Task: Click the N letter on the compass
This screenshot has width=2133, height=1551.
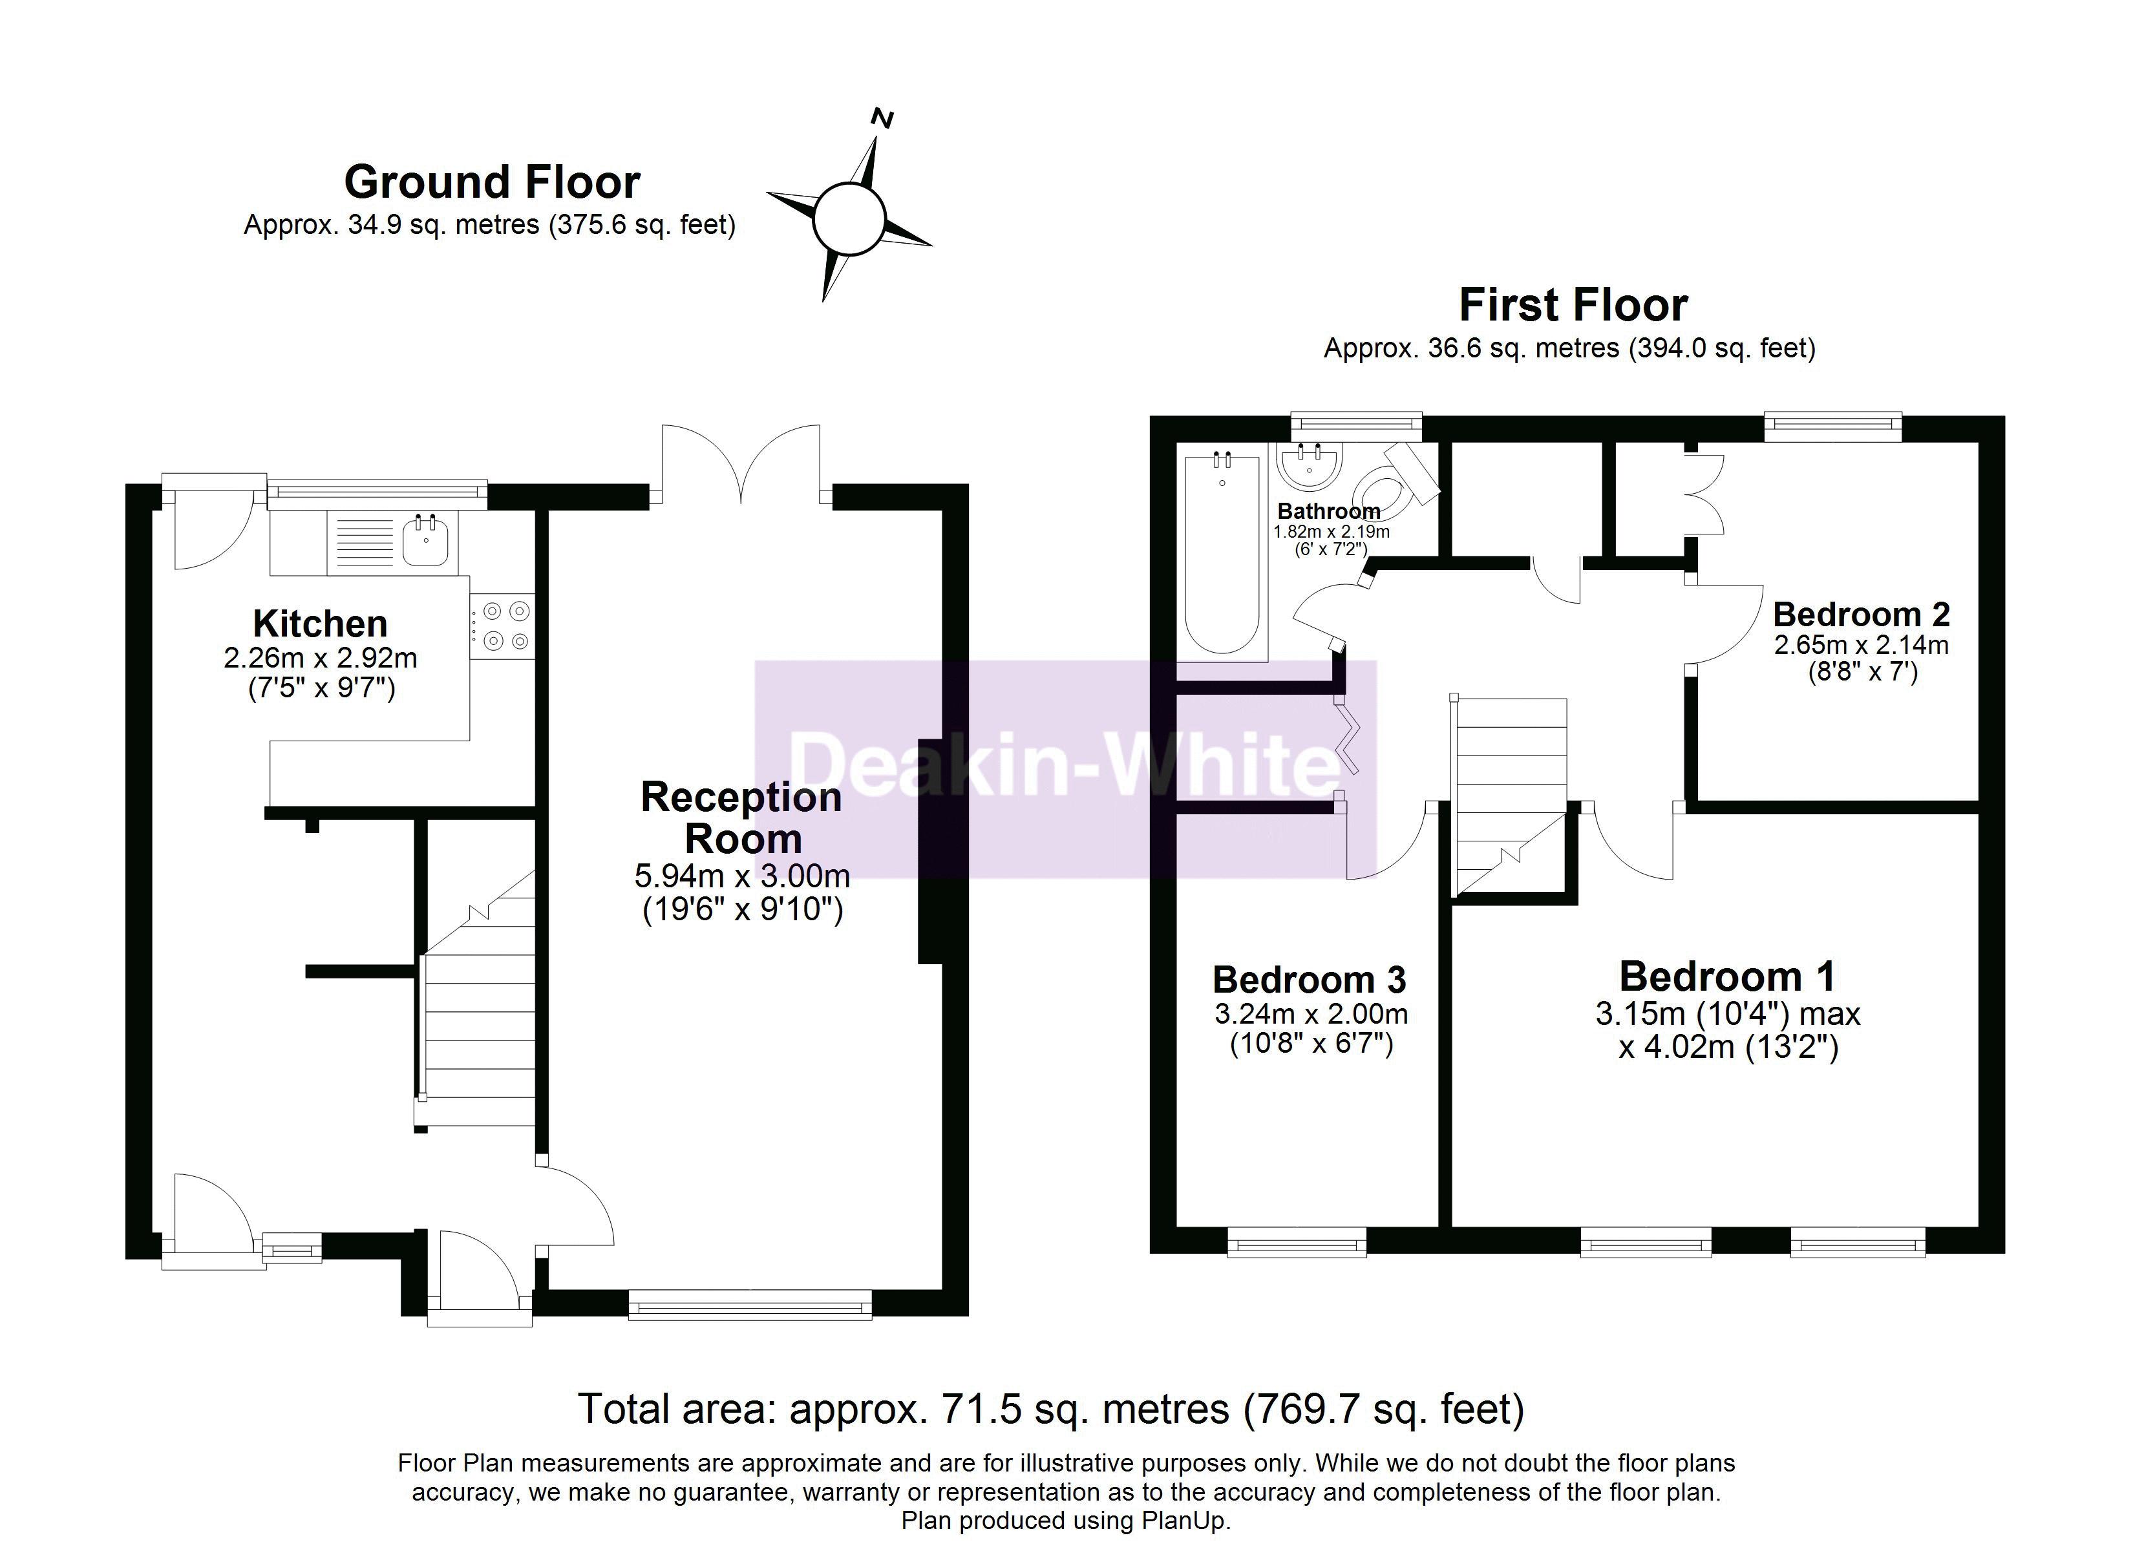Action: click(x=882, y=118)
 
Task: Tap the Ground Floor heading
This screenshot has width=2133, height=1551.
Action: click(x=492, y=182)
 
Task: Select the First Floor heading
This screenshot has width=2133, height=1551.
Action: click(x=1573, y=305)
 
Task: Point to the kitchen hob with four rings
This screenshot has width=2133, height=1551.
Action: click(x=502, y=626)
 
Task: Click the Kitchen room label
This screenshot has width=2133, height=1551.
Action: click(x=320, y=624)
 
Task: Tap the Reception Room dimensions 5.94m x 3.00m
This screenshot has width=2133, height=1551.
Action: click(x=742, y=876)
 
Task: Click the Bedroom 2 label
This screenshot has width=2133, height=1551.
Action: click(x=1861, y=614)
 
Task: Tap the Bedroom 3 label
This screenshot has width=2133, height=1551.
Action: click(x=1309, y=980)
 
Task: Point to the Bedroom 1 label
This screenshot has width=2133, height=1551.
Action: click(x=1726, y=976)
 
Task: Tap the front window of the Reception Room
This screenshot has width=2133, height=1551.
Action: click(x=750, y=1305)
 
